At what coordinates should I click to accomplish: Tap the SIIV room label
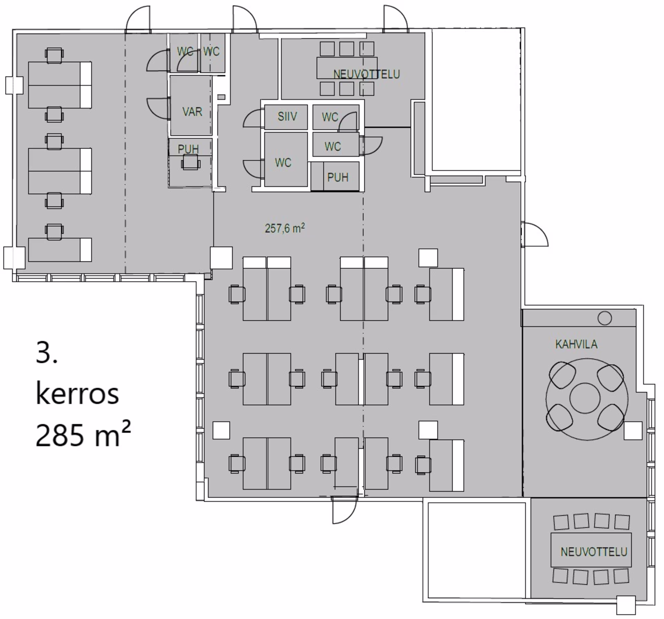[287, 116]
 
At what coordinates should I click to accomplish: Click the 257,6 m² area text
[285, 228]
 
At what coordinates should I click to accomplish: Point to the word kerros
[77, 394]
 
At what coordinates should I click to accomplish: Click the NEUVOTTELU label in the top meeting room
[366, 74]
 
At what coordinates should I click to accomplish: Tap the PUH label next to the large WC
[338, 177]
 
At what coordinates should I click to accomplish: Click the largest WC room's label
[283, 163]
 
